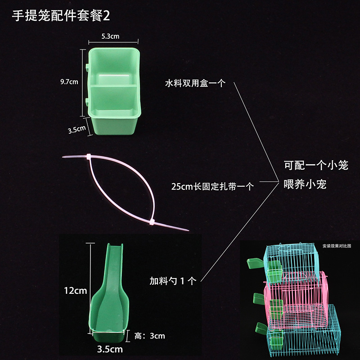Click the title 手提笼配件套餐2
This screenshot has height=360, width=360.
click(61, 16)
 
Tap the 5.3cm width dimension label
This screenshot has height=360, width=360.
click(110, 36)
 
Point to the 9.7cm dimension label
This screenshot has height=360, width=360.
click(69, 82)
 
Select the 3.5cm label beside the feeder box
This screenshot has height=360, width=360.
click(76, 130)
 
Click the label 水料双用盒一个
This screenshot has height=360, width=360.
click(195, 83)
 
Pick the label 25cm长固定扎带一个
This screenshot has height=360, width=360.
click(212, 186)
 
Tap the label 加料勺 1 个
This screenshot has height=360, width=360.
click(173, 280)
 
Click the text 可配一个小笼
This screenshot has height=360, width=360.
click(316, 165)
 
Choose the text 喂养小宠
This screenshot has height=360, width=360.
click(305, 184)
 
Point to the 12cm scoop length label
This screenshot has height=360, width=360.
click(76, 291)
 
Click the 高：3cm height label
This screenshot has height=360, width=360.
click(149, 336)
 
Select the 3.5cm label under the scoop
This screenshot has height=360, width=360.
click(110, 349)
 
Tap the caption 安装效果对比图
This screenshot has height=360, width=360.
click(337, 246)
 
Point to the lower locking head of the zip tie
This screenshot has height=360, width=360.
click(152, 222)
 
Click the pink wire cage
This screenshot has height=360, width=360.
click(296, 301)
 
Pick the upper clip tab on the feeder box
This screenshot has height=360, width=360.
click(87, 67)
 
